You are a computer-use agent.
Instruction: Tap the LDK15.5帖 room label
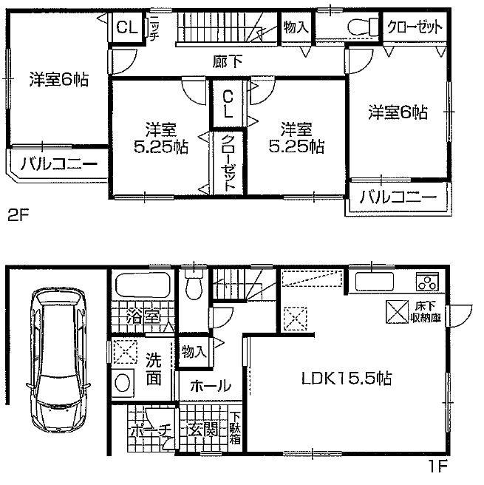(x=344, y=379)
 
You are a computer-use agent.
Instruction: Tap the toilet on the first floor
(x=194, y=285)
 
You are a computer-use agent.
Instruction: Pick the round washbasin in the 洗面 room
(x=123, y=382)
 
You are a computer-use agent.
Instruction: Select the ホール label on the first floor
(x=211, y=386)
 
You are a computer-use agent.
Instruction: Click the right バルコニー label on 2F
(x=398, y=197)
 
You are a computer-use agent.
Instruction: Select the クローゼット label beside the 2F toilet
(x=415, y=27)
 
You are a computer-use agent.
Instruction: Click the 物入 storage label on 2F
(x=295, y=27)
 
